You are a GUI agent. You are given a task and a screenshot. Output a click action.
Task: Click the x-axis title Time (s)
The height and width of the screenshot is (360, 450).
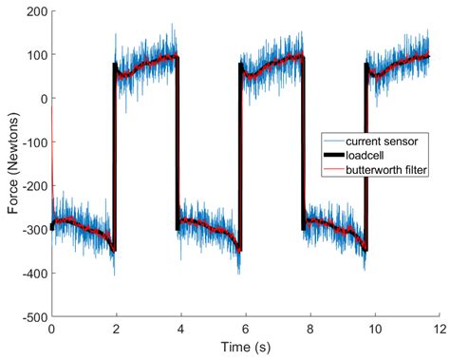coord(244,348)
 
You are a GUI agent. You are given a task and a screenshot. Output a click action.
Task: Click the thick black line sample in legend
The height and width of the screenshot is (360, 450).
coord(338,154)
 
